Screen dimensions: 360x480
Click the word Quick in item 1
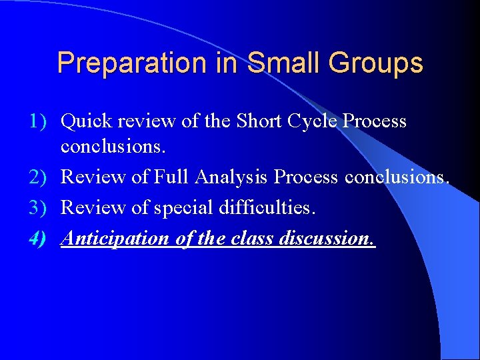(x=84, y=121)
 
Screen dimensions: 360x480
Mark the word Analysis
(x=231, y=177)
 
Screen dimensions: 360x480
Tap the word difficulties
(x=267, y=208)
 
